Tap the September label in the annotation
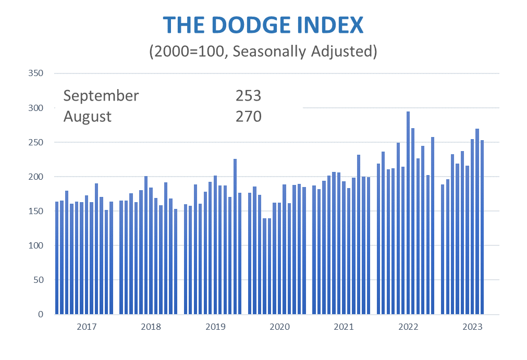click(101, 96)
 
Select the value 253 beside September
click(248, 96)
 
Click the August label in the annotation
click(88, 116)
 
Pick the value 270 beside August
click(248, 116)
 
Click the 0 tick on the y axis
click(40, 314)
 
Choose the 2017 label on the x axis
click(87, 327)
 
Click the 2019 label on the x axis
click(215, 327)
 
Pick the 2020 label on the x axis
click(279, 327)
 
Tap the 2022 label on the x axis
click(408, 327)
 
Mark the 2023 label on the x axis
click(472, 327)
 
